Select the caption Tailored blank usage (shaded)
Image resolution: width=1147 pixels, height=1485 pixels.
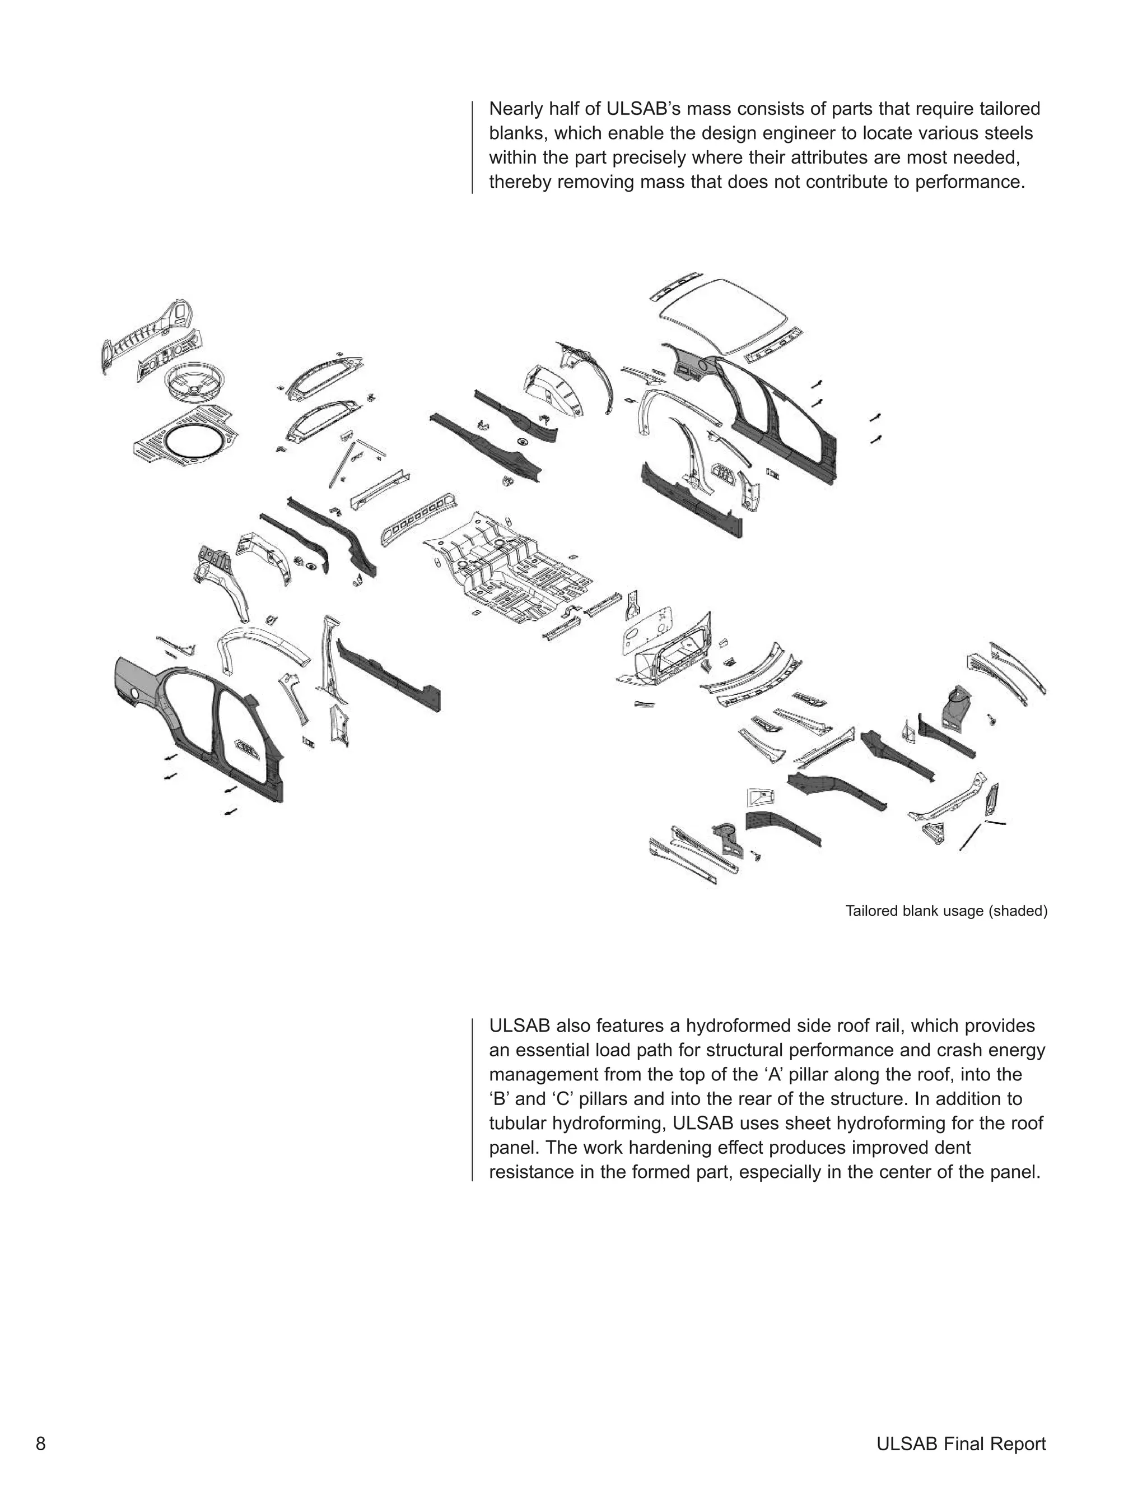[946, 911]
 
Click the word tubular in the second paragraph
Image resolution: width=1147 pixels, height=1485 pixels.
[519, 1123]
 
